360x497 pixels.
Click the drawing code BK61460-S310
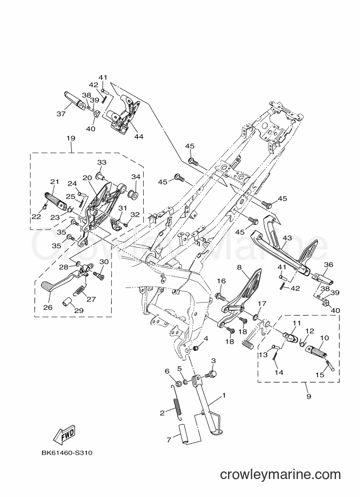tap(67, 452)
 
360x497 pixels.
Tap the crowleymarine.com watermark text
tap(280, 475)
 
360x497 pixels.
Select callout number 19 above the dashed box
tap(71, 138)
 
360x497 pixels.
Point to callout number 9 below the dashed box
tap(309, 396)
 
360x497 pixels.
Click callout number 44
tap(139, 136)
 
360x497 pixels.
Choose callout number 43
tap(287, 238)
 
